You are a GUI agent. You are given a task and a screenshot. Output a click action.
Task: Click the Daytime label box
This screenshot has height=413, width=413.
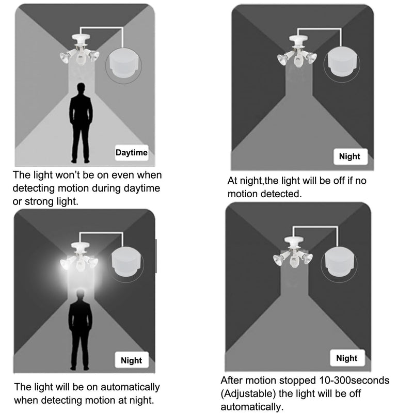pos(132,152)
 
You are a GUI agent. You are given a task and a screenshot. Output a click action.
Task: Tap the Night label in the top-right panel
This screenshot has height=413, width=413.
pos(351,156)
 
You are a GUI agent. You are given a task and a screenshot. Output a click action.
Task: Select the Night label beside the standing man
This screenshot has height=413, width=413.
pos(132,360)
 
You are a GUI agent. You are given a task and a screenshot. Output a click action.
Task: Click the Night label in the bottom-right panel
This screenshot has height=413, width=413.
pos(347,358)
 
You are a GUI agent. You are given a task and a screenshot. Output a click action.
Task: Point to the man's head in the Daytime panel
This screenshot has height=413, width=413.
pos(81,88)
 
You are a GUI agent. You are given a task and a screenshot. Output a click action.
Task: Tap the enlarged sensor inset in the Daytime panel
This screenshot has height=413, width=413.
pos(123,66)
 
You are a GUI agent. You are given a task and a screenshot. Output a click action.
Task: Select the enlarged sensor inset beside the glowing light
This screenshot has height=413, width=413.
pos(125,264)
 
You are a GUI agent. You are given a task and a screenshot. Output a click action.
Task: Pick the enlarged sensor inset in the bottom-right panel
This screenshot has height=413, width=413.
pos(339,264)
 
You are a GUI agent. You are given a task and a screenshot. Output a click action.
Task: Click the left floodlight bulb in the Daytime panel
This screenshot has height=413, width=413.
pos(65,57)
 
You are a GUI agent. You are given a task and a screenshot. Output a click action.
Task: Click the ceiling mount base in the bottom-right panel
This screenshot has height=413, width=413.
pos(293,240)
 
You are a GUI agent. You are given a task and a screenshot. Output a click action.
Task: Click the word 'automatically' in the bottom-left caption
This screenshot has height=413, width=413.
pos(130,387)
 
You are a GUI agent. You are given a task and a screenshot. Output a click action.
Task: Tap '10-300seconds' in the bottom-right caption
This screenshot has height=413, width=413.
pos(354,380)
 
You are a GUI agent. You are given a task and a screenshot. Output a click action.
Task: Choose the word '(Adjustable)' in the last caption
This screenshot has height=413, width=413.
pos(248,394)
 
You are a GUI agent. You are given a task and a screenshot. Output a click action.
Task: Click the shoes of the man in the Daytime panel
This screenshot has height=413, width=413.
pos(81,161)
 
